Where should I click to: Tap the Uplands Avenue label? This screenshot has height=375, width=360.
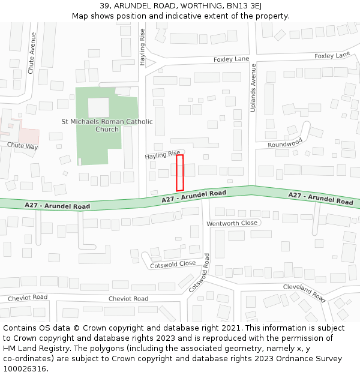[253, 88]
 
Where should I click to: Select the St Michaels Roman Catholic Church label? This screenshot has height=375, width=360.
[107, 125]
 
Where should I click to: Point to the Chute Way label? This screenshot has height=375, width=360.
[23, 146]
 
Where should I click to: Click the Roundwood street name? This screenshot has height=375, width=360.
[285, 145]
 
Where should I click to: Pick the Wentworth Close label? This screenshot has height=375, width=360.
[232, 223]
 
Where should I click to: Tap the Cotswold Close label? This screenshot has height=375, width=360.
[173, 264]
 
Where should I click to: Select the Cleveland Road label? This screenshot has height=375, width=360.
[304, 292]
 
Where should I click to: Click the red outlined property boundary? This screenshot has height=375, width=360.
[179, 173]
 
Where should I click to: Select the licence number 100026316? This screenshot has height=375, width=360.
[25, 369]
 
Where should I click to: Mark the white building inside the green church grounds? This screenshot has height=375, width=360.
[99, 107]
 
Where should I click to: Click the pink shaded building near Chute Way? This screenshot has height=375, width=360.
[28, 137]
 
